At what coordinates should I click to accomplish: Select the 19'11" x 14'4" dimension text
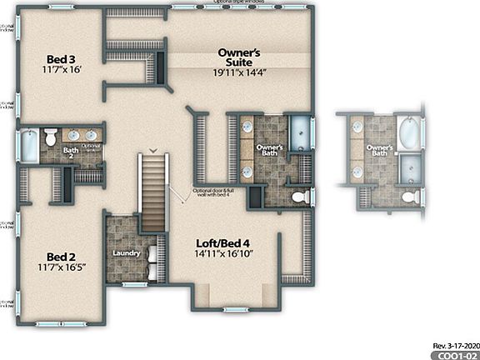239,72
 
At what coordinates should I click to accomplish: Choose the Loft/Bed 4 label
223,242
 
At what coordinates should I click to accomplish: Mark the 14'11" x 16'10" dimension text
223,253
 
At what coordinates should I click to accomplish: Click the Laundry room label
126,252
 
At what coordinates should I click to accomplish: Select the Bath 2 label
71,152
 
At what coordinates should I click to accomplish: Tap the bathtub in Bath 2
27,147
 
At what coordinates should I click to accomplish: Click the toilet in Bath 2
49,137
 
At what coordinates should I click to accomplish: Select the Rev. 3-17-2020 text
455,343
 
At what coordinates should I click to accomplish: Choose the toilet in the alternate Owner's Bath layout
409,197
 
